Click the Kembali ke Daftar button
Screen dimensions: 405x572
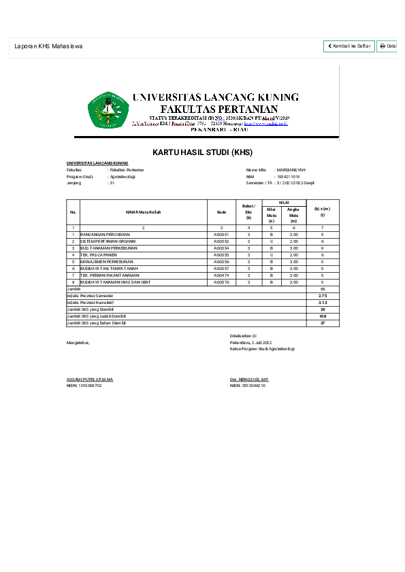(349, 46)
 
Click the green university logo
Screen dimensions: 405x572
(108, 110)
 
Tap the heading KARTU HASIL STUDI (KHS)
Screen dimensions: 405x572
(202, 152)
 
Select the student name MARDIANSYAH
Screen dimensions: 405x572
(291, 169)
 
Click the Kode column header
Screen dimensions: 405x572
(221, 212)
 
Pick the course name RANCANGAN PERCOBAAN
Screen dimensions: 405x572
(105, 234)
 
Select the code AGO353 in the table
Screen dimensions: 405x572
(221, 241)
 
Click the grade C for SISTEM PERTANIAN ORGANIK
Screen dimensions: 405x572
(271, 241)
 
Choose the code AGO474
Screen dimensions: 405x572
(221, 275)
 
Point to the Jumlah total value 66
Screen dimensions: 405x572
(323, 289)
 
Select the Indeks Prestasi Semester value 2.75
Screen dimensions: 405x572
(323, 296)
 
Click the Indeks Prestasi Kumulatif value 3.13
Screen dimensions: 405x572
(323, 303)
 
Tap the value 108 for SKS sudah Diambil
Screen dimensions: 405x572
(323, 316)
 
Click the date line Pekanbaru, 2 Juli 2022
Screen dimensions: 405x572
(250, 342)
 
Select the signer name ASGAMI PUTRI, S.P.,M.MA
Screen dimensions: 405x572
(90, 379)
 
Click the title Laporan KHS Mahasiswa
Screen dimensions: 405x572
(48, 46)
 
